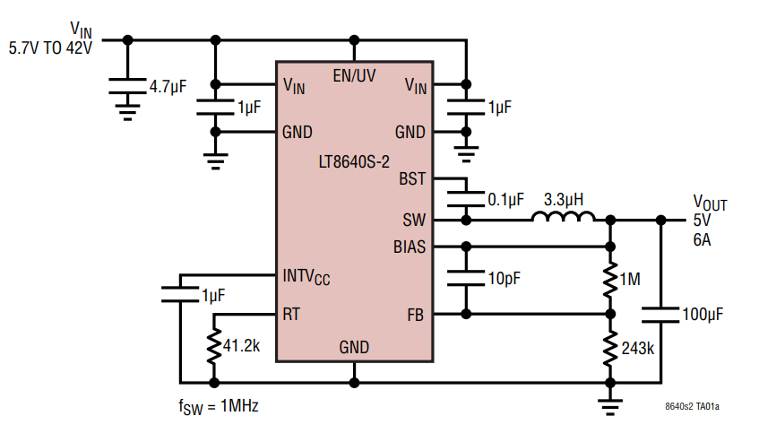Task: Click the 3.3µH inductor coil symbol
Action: pos(563,217)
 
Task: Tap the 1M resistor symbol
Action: pos(610,280)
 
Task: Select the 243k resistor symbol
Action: pos(610,347)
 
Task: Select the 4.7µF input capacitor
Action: pos(127,87)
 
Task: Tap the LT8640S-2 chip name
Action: pos(353,162)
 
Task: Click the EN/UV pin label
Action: pos(354,76)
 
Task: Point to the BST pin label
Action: pos(411,178)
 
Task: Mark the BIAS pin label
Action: pos(409,246)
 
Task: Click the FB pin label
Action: pos(416,315)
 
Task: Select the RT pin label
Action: pos(291,315)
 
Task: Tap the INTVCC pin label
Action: pos(306,275)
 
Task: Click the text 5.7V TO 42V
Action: pos(50,48)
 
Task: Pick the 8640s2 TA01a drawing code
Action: pos(692,407)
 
